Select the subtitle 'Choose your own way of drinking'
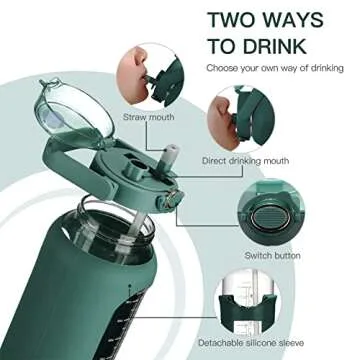point(275,68)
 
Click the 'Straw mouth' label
point(149,117)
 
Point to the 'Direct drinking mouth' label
point(245,161)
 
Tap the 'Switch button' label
point(273,256)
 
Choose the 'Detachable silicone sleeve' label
point(251,342)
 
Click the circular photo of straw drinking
point(150,75)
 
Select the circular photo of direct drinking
point(241,119)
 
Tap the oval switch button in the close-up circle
point(270,219)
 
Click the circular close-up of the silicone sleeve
point(247,302)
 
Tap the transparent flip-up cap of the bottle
point(73,112)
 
